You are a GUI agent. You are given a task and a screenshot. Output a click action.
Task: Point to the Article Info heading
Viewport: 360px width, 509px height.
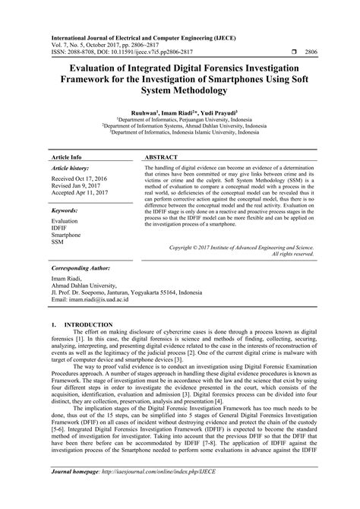66,156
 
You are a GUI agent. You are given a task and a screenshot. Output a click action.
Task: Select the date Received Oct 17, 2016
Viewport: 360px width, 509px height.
78,179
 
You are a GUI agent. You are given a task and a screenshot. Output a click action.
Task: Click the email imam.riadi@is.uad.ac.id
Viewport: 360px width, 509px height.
93,299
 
